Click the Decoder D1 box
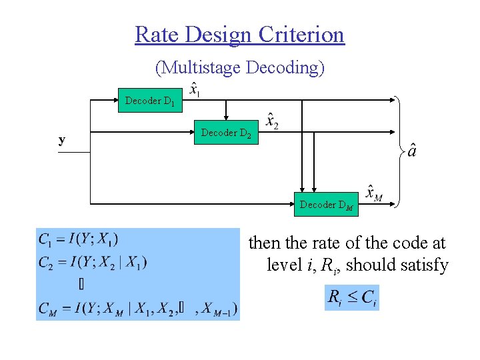[x=150, y=101]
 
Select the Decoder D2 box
[x=227, y=133]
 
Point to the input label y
[x=62, y=140]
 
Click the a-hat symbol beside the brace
[x=413, y=151]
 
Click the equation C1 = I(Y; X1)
[x=79, y=239]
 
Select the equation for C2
[x=93, y=261]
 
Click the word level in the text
[x=285, y=265]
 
